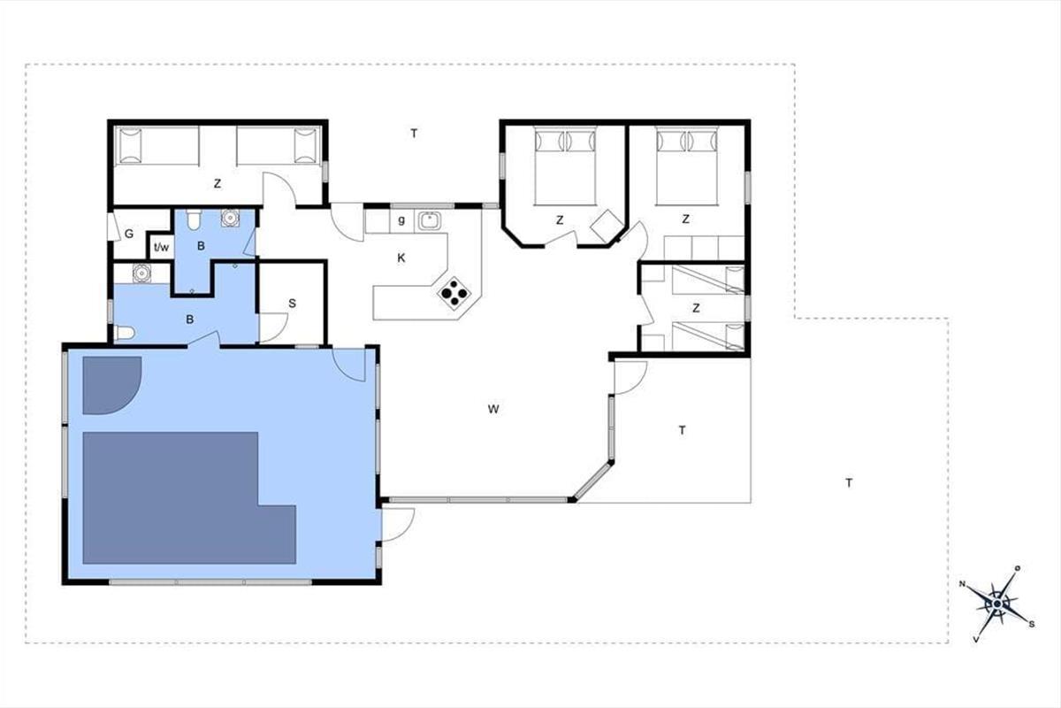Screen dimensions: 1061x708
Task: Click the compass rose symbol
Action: coord(997,604)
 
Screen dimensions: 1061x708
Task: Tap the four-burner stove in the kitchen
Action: coord(454,294)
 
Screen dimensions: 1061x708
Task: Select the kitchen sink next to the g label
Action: coord(430,220)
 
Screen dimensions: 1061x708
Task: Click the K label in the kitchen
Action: coord(401,258)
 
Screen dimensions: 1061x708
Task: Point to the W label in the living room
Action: coord(493,409)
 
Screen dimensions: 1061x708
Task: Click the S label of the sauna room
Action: coord(293,304)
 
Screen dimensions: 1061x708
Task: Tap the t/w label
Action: coord(162,247)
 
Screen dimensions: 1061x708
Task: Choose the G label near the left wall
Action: coord(129,234)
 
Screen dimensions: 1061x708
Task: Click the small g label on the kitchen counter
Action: coord(401,220)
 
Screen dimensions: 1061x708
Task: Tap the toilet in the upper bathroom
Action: coord(194,219)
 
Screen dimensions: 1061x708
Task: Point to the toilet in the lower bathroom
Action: coord(125,333)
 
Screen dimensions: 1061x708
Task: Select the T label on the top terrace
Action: coord(414,134)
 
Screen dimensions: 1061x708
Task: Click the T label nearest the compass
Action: coord(850,483)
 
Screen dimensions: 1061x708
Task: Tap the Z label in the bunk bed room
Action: coord(696,308)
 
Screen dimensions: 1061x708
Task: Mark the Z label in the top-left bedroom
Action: coord(218,183)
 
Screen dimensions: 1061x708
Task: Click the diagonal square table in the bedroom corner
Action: coord(607,227)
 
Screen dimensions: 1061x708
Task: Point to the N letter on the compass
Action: coord(963,584)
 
